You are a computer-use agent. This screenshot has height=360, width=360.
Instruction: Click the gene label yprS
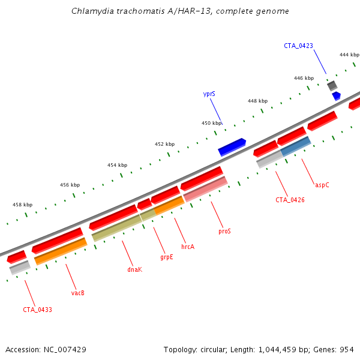coord(209,94)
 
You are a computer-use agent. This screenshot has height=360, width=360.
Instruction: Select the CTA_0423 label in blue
coord(298,46)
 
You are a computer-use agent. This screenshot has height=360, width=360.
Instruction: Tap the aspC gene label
coord(322,185)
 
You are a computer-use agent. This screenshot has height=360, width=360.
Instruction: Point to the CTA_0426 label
coord(290,200)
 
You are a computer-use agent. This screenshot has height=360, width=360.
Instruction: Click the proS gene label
coord(224,230)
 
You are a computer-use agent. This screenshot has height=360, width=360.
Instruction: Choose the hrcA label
coord(188,246)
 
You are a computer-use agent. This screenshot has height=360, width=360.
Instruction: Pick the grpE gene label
coord(166,257)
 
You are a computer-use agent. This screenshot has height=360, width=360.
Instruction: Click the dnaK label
coord(134,270)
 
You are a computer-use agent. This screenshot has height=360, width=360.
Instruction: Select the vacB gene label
coord(77,293)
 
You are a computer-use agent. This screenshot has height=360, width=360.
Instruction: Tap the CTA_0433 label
coord(37,310)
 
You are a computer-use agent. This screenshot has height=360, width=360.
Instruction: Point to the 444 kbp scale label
coord(349,55)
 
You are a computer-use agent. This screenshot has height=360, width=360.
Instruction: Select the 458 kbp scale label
coord(22,205)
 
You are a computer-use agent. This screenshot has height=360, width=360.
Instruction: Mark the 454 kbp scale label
coord(117,165)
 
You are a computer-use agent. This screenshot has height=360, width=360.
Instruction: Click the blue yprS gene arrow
coord(232,147)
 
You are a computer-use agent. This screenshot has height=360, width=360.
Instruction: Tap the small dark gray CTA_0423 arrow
coord(332,85)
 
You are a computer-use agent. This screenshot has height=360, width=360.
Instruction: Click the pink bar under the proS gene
coord(205,189)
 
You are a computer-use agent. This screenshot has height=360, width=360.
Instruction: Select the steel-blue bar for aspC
coord(295,146)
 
